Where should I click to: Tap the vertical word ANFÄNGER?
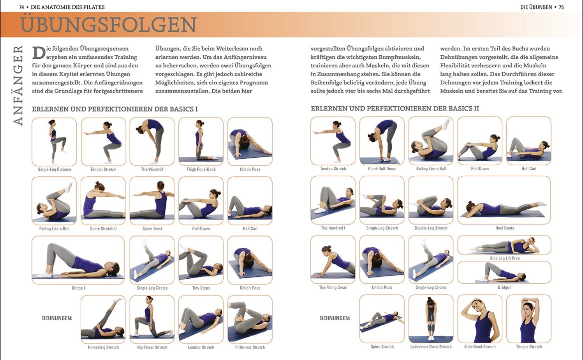(18, 86)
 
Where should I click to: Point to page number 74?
(21, 7)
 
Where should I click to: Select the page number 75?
(561, 7)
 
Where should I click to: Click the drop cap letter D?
(39, 53)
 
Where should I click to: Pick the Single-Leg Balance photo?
(54, 141)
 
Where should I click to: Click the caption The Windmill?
(152, 169)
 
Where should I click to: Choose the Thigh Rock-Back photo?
(201, 141)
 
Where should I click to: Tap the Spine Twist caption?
(152, 229)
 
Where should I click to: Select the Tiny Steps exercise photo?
(201, 260)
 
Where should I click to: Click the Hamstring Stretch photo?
(103, 320)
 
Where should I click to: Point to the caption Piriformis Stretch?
(250, 348)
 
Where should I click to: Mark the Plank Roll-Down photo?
(382, 141)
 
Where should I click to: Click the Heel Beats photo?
(504, 200)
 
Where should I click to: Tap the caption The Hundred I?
(333, 228)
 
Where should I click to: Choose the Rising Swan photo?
(333, 259)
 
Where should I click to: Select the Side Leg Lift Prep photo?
(504, 245)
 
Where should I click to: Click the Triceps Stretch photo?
(529, 319)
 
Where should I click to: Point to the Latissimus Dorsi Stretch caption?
(431, 347)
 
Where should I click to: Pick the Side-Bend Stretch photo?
(480, 319)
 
